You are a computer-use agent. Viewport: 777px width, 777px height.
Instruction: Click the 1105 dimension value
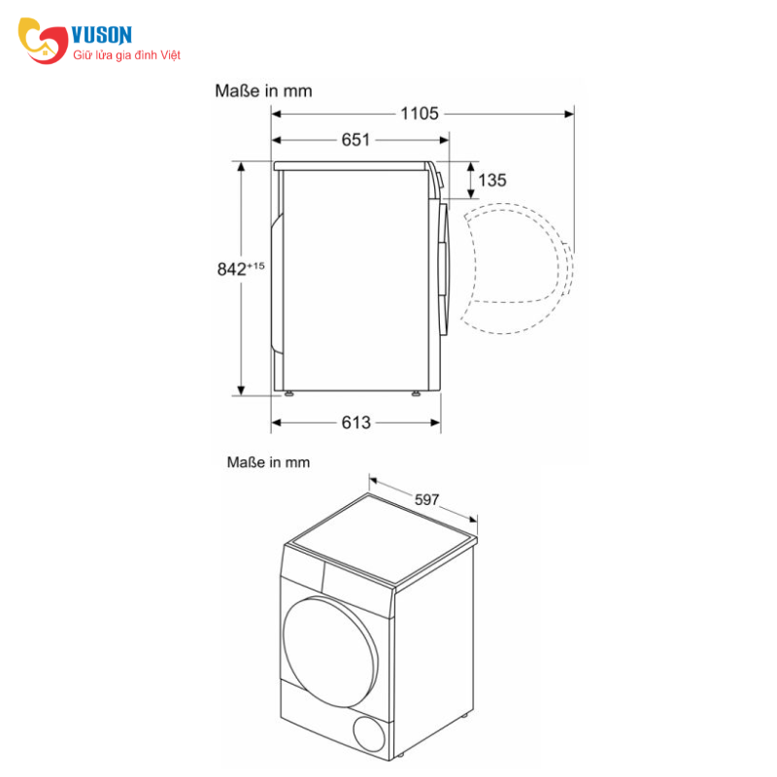(420, 114)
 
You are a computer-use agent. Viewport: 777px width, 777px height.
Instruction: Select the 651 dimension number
(355, 140)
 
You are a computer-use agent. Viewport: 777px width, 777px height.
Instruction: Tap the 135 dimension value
(492, 180)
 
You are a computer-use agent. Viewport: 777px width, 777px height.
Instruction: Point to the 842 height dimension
(233, 269)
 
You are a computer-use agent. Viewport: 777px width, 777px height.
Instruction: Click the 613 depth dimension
(355, 422)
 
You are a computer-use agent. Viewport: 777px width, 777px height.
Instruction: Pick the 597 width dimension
(427, 500)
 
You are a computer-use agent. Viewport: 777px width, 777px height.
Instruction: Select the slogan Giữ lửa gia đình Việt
(127, 55)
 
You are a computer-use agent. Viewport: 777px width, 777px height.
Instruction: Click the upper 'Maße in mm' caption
(262, 90)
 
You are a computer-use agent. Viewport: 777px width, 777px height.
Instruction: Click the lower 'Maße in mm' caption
(268, 462)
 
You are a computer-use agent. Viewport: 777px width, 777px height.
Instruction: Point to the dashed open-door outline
(517, 267)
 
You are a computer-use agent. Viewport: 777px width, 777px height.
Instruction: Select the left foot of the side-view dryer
(288, 393)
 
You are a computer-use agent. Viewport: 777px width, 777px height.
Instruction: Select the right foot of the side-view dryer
(416, 393)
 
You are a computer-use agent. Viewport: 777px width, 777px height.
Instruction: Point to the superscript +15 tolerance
(255, 265)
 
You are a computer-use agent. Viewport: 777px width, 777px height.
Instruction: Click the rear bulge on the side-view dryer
(276, 282)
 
